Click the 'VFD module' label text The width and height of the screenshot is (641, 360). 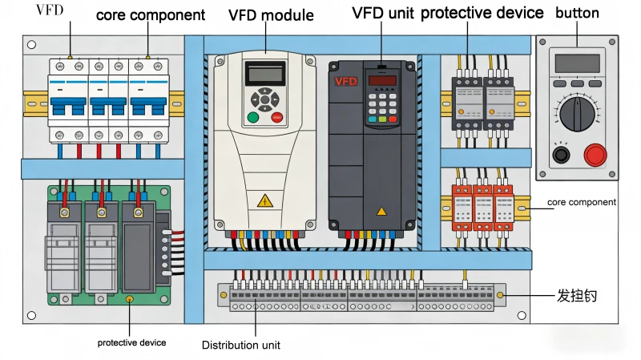[271, 15]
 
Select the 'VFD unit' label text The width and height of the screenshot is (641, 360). [382, 14]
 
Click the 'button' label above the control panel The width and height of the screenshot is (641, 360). [577, 14]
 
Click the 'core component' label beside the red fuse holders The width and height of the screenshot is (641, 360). [582, 203]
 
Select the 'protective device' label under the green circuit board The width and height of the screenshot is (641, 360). [131, 343]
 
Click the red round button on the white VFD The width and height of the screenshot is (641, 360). [277, 118]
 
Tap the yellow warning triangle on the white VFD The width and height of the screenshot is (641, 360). [264, 201]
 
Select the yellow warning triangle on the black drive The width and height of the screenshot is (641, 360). [381, 211]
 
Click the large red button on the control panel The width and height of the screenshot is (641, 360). [595, 154]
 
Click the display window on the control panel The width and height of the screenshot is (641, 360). [576, 63]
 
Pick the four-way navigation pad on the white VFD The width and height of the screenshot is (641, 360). [264, 100]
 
